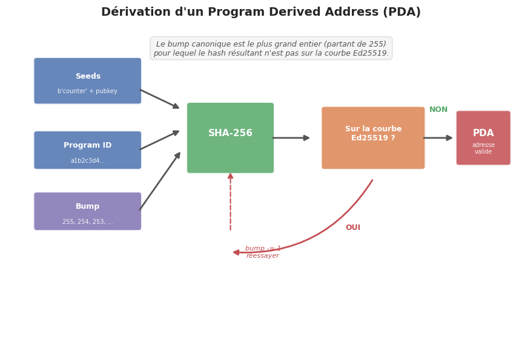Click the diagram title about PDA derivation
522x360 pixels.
260,12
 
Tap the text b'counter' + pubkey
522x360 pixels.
87,91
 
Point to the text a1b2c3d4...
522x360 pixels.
87,161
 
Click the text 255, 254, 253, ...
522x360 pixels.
87,222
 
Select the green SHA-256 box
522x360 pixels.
230,138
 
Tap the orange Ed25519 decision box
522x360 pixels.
373,138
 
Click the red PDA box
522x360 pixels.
483,138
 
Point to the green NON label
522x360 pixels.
438,110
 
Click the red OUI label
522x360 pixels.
352,228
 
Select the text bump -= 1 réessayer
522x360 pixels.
262,252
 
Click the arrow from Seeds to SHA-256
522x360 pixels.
160,99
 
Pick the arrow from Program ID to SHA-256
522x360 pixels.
160,140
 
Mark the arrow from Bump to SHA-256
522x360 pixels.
160,182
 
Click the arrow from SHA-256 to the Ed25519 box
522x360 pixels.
291,138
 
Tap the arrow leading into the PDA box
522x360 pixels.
438,138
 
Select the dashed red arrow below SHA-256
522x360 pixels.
230,202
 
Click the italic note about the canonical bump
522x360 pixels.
271,48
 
